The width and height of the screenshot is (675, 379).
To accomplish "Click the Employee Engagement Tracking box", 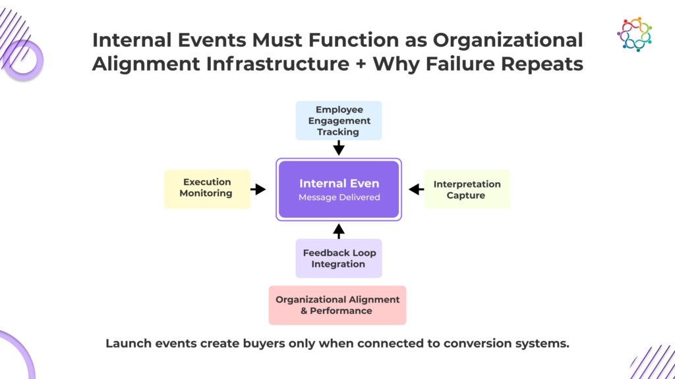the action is [338, 121].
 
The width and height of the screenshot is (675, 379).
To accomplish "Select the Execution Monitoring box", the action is [207, 189].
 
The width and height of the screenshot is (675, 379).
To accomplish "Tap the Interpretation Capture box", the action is [467, 189].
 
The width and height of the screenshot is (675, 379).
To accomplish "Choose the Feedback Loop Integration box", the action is [338, 258].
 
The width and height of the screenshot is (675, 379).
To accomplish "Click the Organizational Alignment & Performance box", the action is [337, 305].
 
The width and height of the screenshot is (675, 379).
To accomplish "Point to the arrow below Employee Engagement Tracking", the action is [339, 147].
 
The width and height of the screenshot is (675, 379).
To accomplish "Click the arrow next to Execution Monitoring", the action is [258, 189].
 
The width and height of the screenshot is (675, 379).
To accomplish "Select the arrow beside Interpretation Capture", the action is [417, 189].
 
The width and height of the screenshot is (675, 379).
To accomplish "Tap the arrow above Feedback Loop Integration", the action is [339, 231].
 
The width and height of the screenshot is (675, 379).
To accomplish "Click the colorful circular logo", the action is [634, 34].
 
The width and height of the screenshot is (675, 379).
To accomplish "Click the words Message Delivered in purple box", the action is [339, 197].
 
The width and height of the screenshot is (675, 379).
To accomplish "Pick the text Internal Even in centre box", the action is [339, 184].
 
